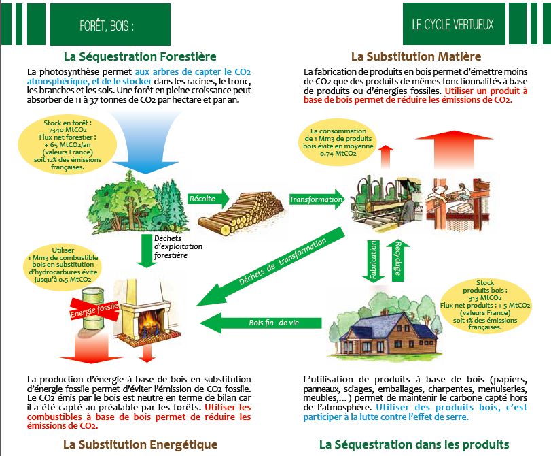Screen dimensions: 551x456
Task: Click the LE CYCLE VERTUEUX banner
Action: click(x=452, y=25)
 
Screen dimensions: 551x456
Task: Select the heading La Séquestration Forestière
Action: click(x=140, y=56)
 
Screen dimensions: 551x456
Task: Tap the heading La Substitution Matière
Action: click(x=416, y=56)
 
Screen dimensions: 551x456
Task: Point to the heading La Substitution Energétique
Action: click(x=140, y=444)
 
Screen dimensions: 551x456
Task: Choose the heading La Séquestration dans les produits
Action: click(x=414, y=444)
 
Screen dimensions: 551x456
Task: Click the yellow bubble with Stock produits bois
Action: click(x=485, y=304)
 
